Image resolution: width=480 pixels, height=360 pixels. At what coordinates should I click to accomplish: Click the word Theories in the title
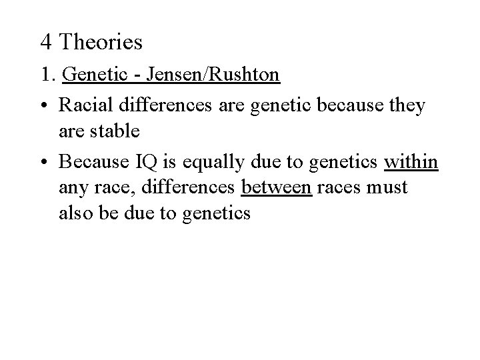click(101, 43)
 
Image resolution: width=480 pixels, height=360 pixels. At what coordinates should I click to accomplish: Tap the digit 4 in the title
click(46, 43)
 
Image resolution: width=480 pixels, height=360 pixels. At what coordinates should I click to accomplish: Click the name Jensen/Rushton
click(227, 75)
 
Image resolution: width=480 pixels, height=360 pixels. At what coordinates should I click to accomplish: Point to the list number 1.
click(46, 75)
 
